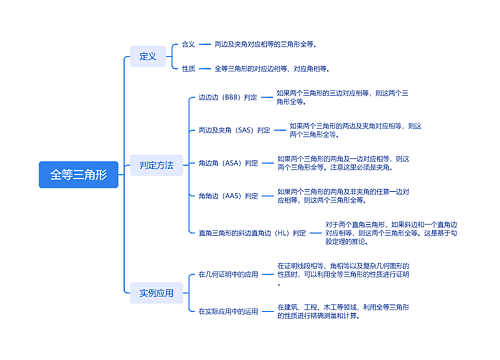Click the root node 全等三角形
pyautogui.click(x=78, y=174)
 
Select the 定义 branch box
pyautogui.click(x=148, y=56)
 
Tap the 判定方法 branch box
pyautogui.click(x=156, y=164)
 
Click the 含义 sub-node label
pyautogui.click(x=189, y=45)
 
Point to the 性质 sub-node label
pyautogui.click(x=189, y=68)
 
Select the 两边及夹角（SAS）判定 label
pyautogui.click(x=234, y=130)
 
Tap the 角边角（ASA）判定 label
pyautogui.click(x=228, y=162)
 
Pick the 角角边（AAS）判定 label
pyautogui.click(x=228, y=195)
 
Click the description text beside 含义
pyautogui.click(x=265, y=45)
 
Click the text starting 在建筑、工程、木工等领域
pyautogui.click(x=344, y=311)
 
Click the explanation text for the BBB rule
pyautogui.click(x=339, y=97)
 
